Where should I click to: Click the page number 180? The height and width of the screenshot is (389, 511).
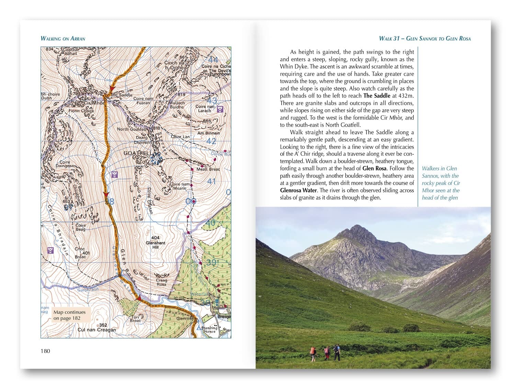(45, 351)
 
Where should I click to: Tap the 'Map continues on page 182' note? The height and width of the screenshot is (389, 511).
(70, 315)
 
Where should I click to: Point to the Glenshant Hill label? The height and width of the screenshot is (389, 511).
(155, 243)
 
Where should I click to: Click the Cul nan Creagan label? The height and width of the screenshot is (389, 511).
(96, 330)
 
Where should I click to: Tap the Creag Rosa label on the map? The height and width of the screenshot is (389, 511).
(161, 282)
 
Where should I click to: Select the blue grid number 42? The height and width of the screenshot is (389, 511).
(211, 141)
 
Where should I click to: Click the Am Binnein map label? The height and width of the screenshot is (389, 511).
(208, 133)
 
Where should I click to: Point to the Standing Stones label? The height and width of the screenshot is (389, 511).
(209, 330)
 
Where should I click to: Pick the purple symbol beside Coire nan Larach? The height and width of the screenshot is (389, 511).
(220, 109)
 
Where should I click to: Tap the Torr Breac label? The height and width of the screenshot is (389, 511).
(135, 319)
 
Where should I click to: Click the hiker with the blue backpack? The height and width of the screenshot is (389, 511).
(337, 352)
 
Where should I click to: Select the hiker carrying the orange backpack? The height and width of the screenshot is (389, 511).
(313, 353)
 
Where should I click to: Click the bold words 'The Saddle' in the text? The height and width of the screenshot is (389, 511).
(377, 96)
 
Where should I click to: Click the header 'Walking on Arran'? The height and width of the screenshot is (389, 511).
(63, 38)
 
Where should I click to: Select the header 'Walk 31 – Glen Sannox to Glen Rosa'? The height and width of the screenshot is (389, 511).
(424, 38)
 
